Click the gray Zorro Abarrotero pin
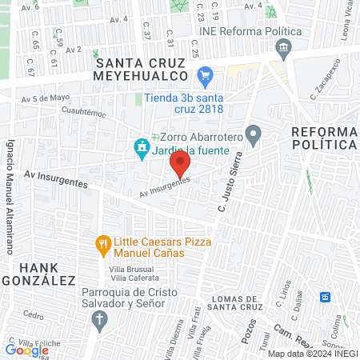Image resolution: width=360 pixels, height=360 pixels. pyautogui.click(x=254, y=135)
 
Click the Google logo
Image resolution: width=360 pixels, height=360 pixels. pyautogui.click(x=26, y=350)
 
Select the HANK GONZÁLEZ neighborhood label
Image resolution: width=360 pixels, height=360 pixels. pyautogui.click(x=38, y=274)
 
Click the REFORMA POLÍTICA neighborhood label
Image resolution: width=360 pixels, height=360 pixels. pyautogui.click(x=323, y=138)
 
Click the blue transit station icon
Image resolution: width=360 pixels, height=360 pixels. pyautogui.click(x=325, y=298)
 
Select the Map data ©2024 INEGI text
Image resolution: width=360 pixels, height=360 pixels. pyautogui.click(x=312, y=353)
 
